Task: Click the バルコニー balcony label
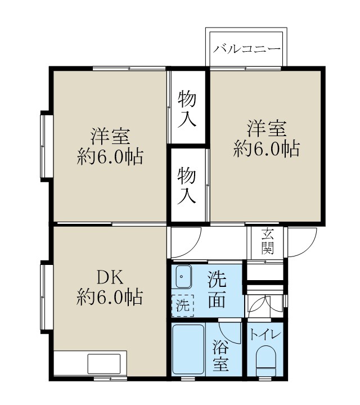tap(246, 49)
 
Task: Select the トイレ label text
tap(264, 335)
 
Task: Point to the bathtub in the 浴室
tap(188, 349)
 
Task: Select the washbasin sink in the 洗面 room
tap(183, 276)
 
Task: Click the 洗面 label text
tap(218, 289)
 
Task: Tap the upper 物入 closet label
tap(187, 109)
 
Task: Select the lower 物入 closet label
tap(187, 185)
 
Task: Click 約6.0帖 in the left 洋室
tap(110, 156)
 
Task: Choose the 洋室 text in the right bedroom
tap(266, 128)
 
